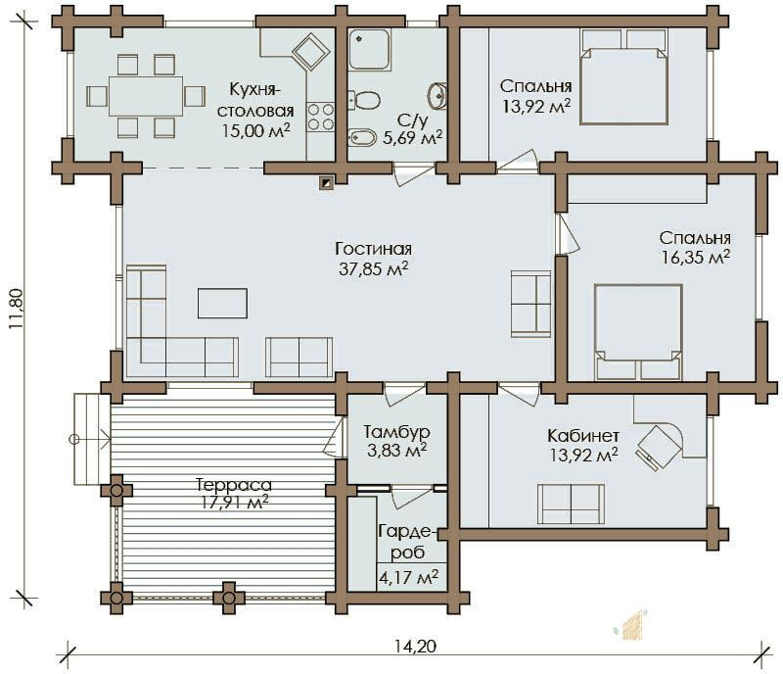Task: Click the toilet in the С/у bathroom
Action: (x=363, y=100)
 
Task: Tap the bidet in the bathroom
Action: (x=361, y=137)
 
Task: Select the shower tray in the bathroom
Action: (x=370, y=49)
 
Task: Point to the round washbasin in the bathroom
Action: (x=437, y=95)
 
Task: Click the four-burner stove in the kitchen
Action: (x=320, y=117)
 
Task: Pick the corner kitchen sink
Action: (x=310, y=51)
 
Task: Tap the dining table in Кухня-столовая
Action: (x=146, y=96)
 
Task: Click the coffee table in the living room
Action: (x=222, y=303)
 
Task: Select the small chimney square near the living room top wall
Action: (x=326, y=183)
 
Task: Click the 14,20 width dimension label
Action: (x=415, y=647)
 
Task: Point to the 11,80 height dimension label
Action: (x=17, y=309)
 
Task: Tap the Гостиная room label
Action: (x=374, y=249)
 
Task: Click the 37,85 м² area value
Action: (x=374, y=269)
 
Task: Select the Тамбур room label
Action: (x=396, y=431)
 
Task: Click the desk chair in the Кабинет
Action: (x=658, y=446)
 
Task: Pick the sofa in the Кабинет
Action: (x=571, y=504)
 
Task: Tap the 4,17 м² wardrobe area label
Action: (x=409, y=577)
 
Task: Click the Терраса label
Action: (x=234, y=485)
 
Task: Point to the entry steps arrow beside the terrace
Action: (x=90, y=440)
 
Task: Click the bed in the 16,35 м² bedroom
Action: (x=638, y=332)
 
